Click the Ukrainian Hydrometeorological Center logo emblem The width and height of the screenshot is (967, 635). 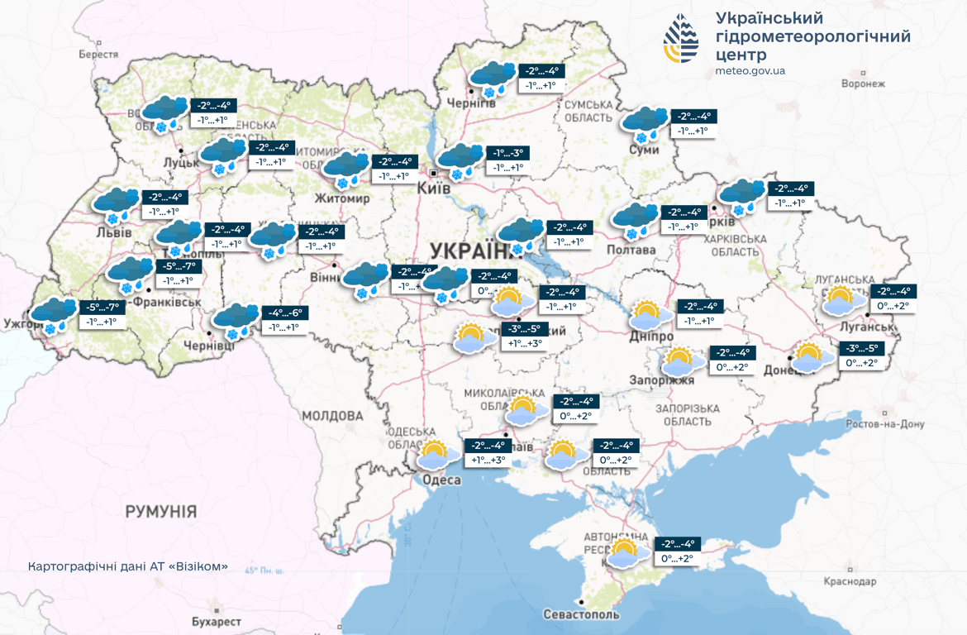coord(681,37)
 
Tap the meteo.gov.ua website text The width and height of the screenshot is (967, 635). coord(750,71)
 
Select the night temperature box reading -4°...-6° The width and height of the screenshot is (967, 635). coord(284,313)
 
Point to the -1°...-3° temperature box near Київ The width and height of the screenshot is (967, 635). coord(507,153)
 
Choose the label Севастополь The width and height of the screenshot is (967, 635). coord(581,615)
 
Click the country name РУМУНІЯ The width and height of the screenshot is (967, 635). coord(161,511)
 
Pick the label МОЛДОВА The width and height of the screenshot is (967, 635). coord(332,415)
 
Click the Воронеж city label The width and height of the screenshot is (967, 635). coord(863,84)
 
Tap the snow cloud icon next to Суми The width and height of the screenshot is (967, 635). coord(645,124)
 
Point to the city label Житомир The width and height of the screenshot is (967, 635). coord(342,198)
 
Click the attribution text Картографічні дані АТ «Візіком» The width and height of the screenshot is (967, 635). coord(127,567)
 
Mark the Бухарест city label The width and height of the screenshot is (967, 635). coord(216,621)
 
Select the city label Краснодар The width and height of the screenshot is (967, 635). coord(850,581)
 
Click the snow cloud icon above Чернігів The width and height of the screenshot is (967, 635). coord(493,78)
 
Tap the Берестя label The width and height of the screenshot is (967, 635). coord(98,54)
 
